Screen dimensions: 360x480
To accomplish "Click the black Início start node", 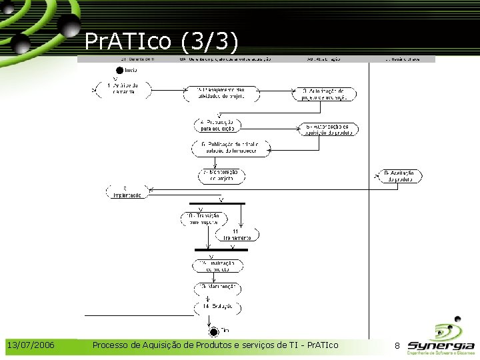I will (x=120, y=69).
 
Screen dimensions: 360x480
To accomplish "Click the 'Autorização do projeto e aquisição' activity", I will (x=324, y=94).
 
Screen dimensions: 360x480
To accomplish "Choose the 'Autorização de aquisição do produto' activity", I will (x=329, y=129).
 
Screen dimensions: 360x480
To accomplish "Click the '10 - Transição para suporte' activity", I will (x=203, y=218).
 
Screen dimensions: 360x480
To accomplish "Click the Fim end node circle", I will (x=213, y=331).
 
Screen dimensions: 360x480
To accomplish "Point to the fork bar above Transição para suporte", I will (x=217, y=203).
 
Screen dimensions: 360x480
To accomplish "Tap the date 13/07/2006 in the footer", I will (x=31, y=345).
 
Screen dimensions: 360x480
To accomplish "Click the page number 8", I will (x=397, y=345).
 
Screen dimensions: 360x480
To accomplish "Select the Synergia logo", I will (x=441, y=339).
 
